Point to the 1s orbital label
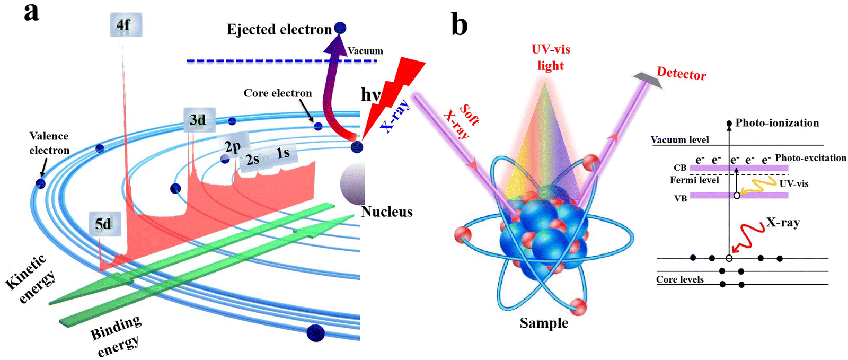pos(283,153)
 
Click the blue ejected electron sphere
pos(340,28)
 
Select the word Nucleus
pos(386,211)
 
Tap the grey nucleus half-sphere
pos(352,184)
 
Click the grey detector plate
pos(647,80)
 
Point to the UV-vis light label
pos(551,57)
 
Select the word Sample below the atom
pos(544,323)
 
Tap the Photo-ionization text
pos(777,122)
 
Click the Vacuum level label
pos(680,139)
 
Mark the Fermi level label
pos(694,180)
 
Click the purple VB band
pos(739,195)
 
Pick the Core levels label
pos(680,279)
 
